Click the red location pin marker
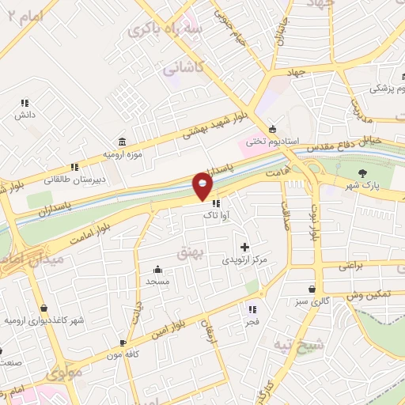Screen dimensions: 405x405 (203, 186)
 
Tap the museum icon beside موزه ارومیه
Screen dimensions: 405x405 (121, 142)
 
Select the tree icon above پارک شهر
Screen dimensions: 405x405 (363, 174)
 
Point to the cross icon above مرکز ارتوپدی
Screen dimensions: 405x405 (244, 248)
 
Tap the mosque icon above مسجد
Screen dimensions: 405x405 (157, 269)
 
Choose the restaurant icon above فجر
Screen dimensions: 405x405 (252, 309)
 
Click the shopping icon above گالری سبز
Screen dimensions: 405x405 (316, 290)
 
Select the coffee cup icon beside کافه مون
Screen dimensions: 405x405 (123, 343)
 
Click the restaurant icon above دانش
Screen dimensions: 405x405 (25, 103)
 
